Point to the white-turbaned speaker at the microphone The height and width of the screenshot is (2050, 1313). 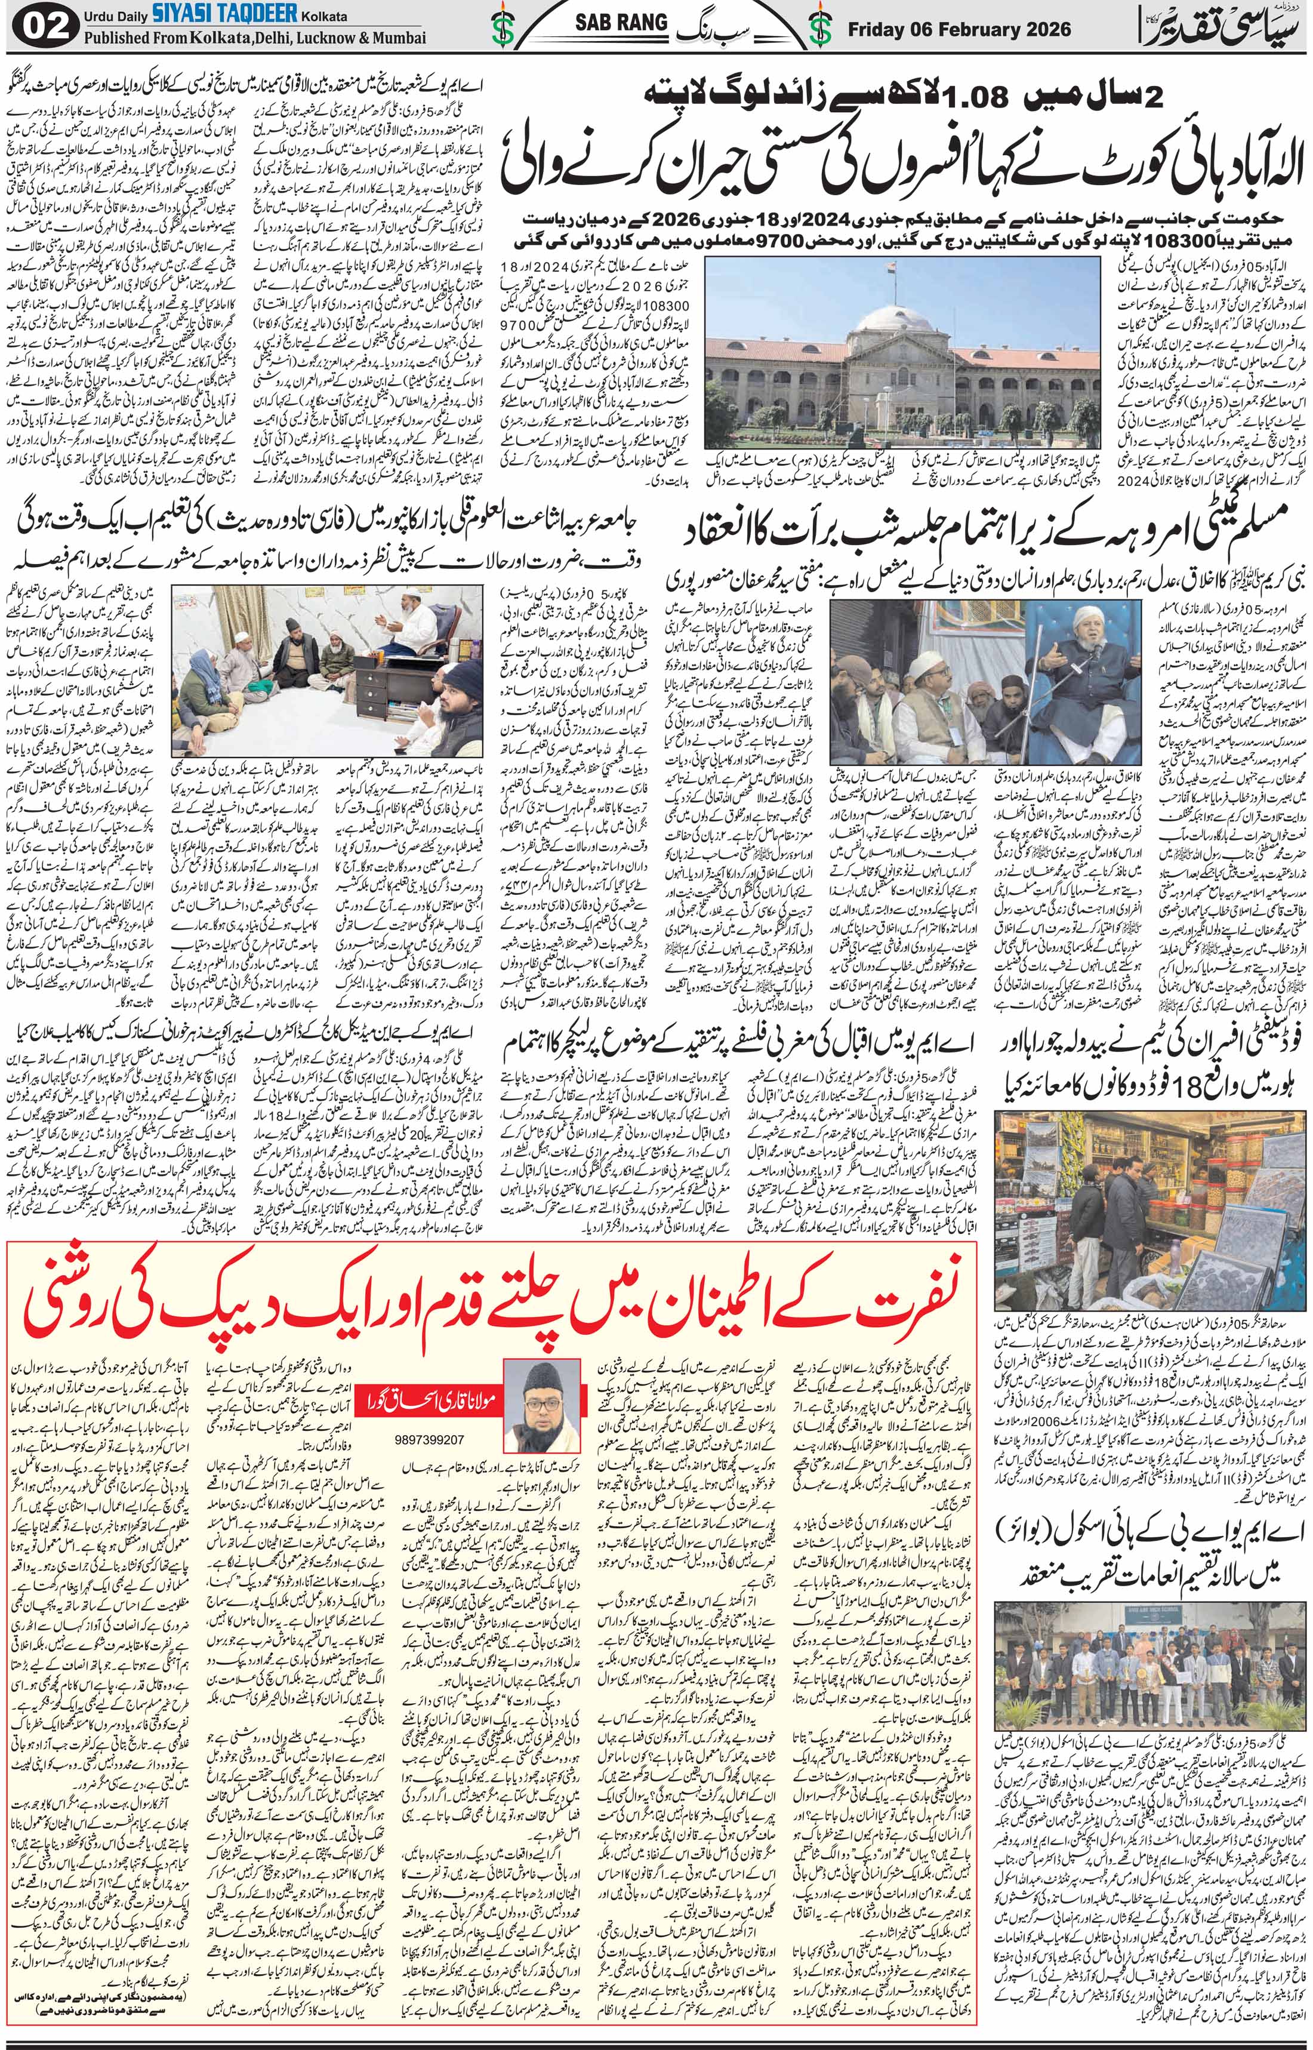point(1056,623)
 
